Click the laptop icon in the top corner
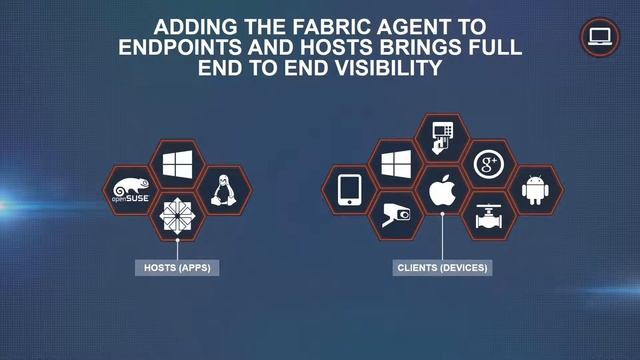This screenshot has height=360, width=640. click(600, 38)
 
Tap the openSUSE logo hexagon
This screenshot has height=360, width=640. click(131, 189)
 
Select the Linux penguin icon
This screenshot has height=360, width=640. click(223, 189)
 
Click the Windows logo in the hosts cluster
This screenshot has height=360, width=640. click(177, 163)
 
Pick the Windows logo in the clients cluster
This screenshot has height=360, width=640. click(396, 163)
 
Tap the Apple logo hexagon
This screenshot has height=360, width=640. click(442, 189)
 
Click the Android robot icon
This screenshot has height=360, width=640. click(535, 189)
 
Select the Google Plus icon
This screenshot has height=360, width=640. click(488, 163)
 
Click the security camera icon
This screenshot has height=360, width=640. click(396, 215)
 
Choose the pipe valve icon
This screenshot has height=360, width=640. click(488, 215)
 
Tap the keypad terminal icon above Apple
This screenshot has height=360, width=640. click(442, 137)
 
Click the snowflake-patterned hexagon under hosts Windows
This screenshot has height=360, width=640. click(177, 215)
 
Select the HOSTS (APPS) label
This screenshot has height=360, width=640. click(177, 268)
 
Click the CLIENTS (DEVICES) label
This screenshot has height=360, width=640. click(442, 268)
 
